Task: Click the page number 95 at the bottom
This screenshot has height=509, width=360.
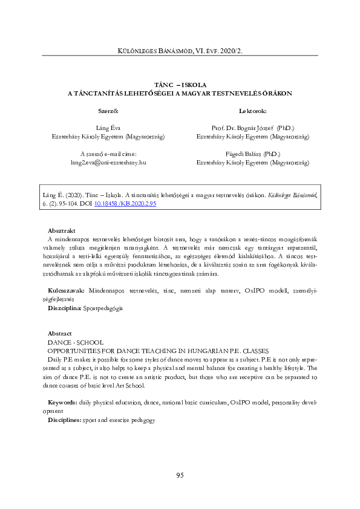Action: pyautogui.click(x=180, y=475)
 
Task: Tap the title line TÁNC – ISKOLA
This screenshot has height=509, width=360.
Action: pyautogui.click(x=180, y=85)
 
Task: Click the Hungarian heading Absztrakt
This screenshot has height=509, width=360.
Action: pyautogui.click(x=61, y=231)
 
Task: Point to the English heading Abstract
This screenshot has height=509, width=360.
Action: pyautogui.click(x=59, y=333)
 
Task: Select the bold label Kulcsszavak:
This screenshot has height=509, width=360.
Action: pyautogui.click(x=67, y=291)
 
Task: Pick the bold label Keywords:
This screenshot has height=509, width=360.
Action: pyautogui.click(x=62, y=402)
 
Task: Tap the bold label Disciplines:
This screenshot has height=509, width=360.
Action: pyautogui.click(x=65, y=420)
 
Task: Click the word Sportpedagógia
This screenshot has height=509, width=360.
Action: pyautogui.click(x=105, y=308)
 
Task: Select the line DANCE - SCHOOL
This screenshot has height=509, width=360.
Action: pyautogui.click(x=74, y=342)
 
